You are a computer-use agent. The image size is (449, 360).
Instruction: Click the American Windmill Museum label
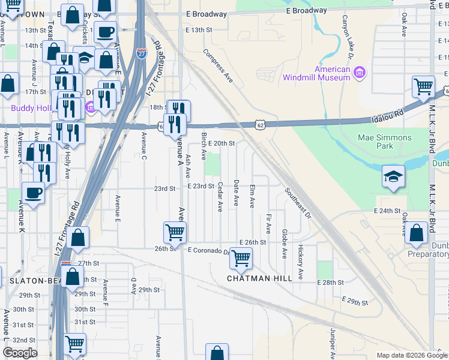pyautogui.click(x=316, y=73)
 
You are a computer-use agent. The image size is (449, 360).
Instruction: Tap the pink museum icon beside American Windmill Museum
pyautogui.click(x=360, y=73)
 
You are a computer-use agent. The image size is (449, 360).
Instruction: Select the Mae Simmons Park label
pyautogui.click(x=384, y=142)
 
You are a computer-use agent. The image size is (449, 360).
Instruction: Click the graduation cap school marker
pyautogui.click(x=393, y=176)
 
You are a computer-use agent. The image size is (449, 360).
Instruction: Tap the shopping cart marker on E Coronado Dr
pyautogui.click(x=241, y=259)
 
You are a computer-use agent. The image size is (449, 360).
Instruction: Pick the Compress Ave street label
pyautogui.click(x=218, y=66)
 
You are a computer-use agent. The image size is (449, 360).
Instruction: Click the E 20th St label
pyautogui.click(x=221, y=143)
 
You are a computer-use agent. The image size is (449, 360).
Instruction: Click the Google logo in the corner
pyautogui.click(x=20, y=353)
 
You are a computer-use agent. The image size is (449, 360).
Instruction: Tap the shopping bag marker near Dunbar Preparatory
pyautogui.click(x=415, y=233)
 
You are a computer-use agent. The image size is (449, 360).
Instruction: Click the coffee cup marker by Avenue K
pyautogui.click(x=33, y=193)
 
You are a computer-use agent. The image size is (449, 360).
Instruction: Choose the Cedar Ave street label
pyautogui.click(x=220, y=197)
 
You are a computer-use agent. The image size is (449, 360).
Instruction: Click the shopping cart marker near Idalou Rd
pyautogui.click(x=424, y=87)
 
